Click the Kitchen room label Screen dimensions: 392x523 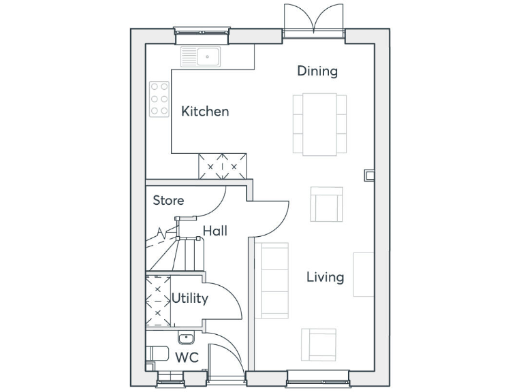pyautogui.click(x=205, y=111)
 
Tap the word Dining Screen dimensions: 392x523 pyautogui.click(x=317, y=71)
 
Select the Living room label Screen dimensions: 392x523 pyautogui.click(x=325, y=277)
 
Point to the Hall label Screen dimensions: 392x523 pyautogui.click(x=215, y=231)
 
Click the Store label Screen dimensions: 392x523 pyautogui.click(x=168, y=200)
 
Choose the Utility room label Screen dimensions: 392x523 pyautogui.click(x=189, y=298)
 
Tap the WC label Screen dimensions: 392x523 pyautogui.click(x=187, y=357)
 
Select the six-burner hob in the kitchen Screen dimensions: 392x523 pyautogui.click(x=159, y=99)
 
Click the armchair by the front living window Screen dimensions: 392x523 pyautogui.click(x=319, y=345)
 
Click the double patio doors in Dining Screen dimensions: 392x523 pyautogui.click(x=313, y=20)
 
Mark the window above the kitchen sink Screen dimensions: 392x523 pyautogui.click(x=202, y=31)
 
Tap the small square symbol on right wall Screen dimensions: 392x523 pyautogui.click(x=369, y=176)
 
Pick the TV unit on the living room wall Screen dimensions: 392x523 pyautogui.click(x=364, y=274)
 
